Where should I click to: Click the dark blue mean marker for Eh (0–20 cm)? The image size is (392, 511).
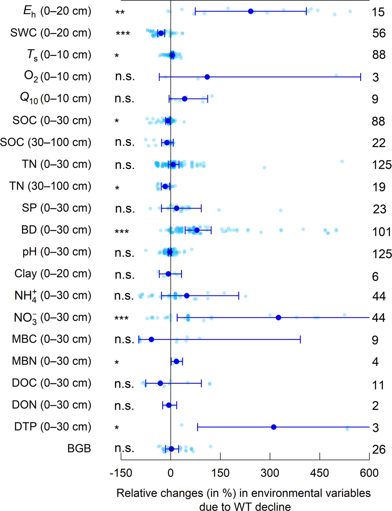251,11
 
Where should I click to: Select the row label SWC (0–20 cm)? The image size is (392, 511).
51,33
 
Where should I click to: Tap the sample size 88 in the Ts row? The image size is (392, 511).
379,55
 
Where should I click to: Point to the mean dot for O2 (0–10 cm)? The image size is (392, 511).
207,77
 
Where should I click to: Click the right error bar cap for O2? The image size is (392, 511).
361,77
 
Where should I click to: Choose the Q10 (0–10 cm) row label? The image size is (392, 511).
55,99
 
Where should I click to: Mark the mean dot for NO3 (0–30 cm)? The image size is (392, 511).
278,317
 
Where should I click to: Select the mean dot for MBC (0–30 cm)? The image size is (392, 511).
151,339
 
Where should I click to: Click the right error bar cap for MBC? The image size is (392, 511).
300,339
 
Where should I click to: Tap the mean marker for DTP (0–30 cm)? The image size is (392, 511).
274,427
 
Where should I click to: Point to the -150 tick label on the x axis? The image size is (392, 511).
121,473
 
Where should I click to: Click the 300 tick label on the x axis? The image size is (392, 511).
270,473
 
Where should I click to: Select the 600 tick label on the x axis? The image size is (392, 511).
369,473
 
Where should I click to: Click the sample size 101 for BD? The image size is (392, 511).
381,232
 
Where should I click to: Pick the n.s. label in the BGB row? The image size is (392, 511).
125,449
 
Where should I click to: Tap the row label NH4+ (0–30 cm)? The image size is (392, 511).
53,295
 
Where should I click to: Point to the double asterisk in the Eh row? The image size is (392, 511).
120,13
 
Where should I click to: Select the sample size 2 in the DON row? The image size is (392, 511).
376,405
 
